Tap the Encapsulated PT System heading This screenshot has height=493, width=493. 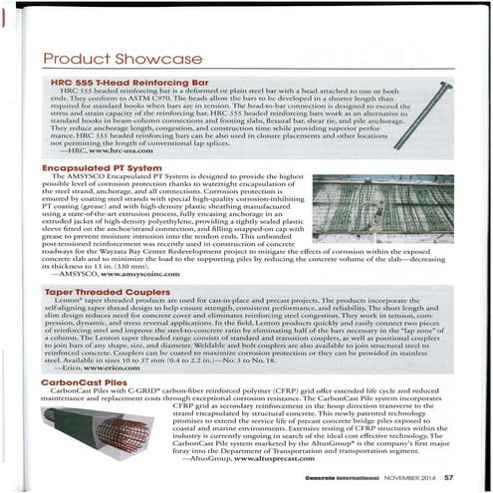(x=98, y=170)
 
